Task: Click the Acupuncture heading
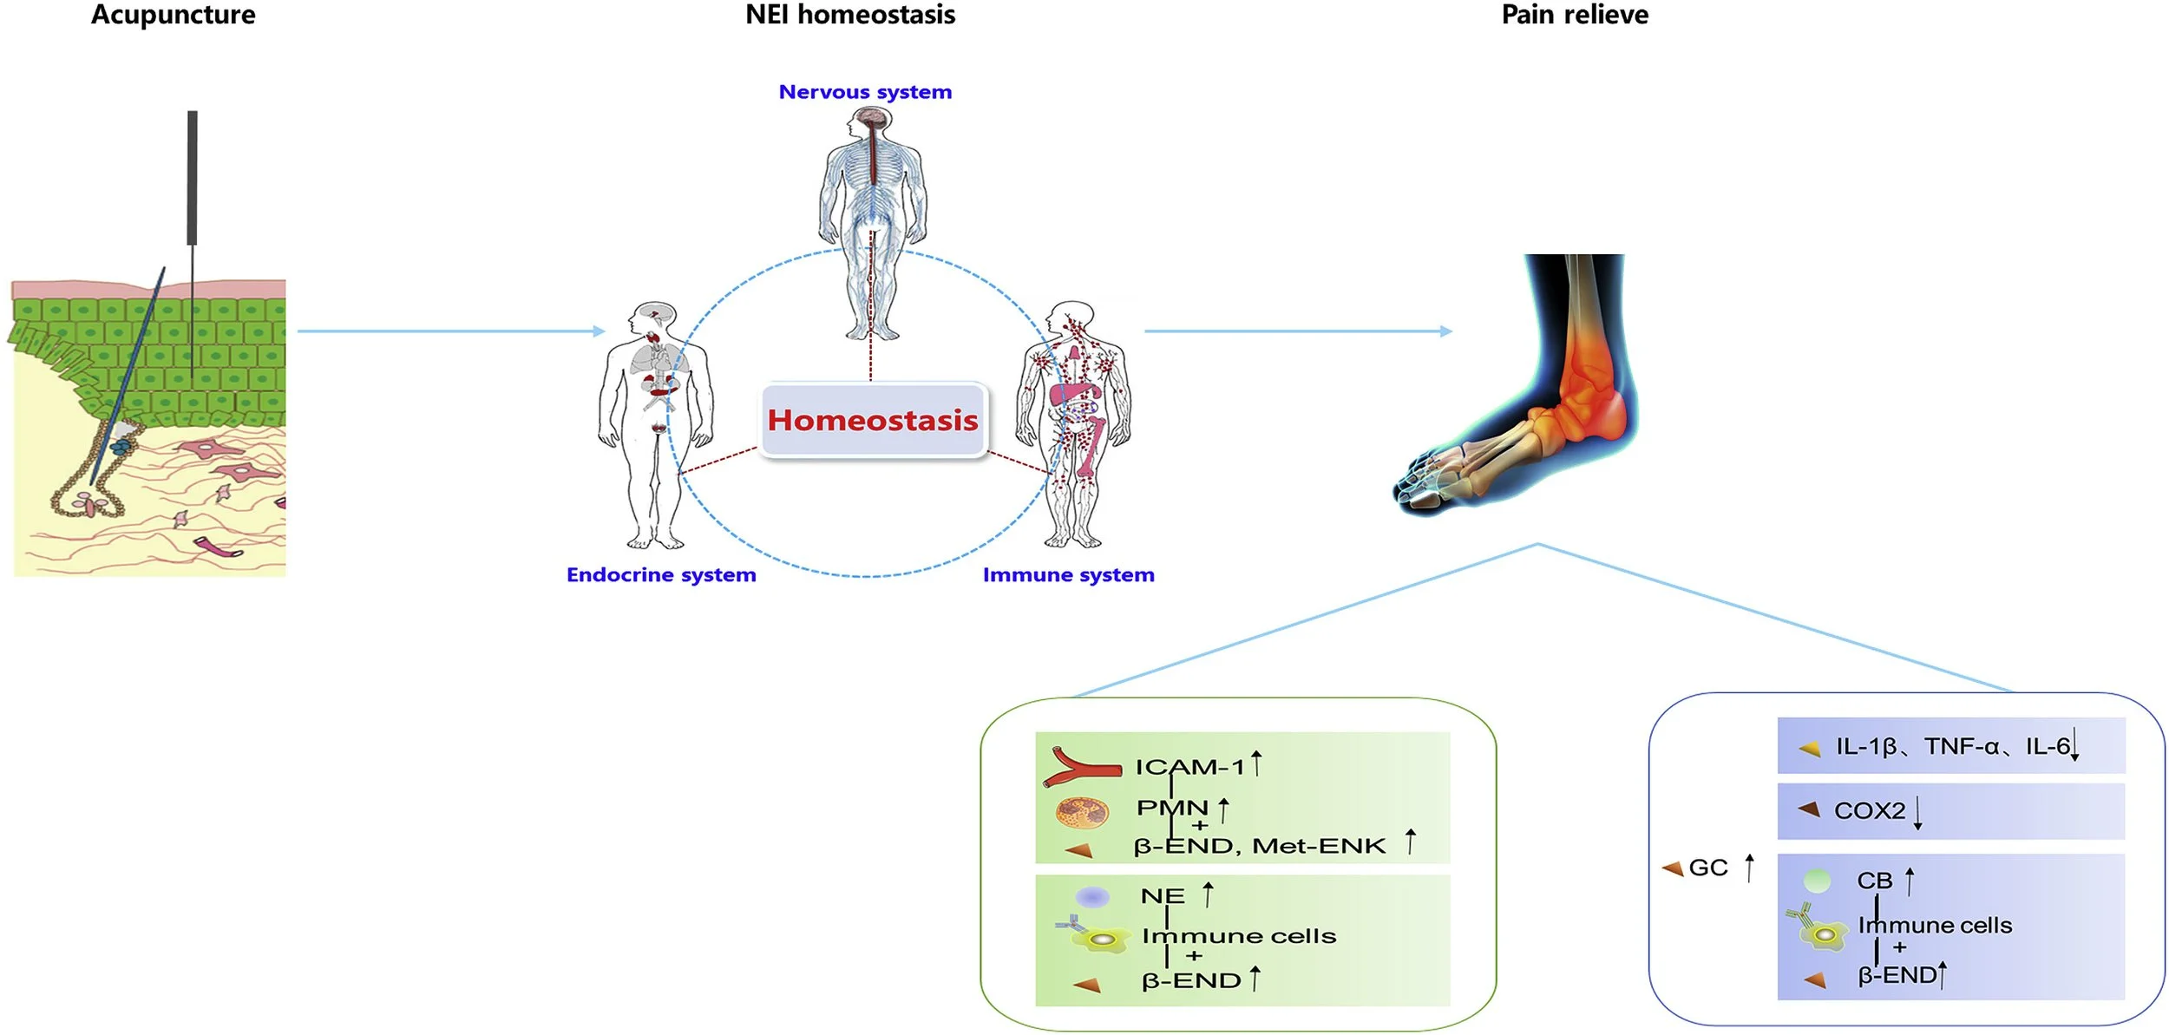tap(173, 15)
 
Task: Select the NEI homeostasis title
tap(850, 15)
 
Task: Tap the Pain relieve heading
tap(1575, 15)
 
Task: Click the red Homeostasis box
tap(873, 420)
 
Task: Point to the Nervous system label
tap(865, 92)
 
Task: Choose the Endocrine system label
tap(661, 574)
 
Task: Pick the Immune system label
tap(1068, 574)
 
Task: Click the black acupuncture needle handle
tap(192, 178)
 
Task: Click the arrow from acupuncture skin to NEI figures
tap(451, 331)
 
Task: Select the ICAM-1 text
tap(1189, 767)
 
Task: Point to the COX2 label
tap(1869, 811)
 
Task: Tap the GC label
tap(1708, 868)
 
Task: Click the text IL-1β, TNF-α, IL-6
tap(1952, 747)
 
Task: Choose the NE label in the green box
tap(1162, 896)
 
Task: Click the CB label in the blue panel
tap(1874, 881)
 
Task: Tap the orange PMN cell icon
tap(1082, 813)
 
